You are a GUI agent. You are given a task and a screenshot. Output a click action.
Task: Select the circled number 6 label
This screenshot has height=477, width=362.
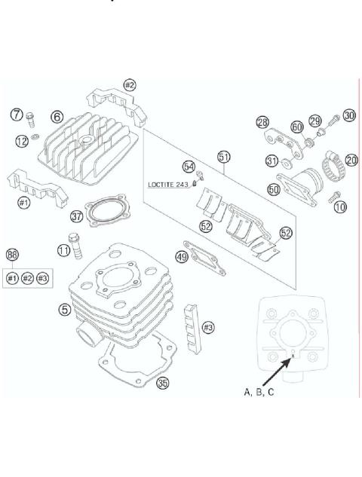[x=57, y=116]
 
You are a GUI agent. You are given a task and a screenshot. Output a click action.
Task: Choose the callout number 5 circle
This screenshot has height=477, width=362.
[x=67, y=308]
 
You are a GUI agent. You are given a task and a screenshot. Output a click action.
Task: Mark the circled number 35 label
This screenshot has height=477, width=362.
[x=163, y=383]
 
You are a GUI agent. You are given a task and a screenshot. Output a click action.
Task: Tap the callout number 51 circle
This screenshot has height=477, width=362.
[x=223, y=157]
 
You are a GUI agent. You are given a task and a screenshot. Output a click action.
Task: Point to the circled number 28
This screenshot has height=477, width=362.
[x=262, y=122]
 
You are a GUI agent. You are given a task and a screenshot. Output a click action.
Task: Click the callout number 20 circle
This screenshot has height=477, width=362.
[x=351, y=159]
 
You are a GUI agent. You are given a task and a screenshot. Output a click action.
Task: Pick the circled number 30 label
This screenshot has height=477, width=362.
[x=348, y=115]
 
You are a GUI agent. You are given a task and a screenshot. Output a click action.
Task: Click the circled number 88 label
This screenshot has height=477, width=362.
[x=12, y=255]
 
